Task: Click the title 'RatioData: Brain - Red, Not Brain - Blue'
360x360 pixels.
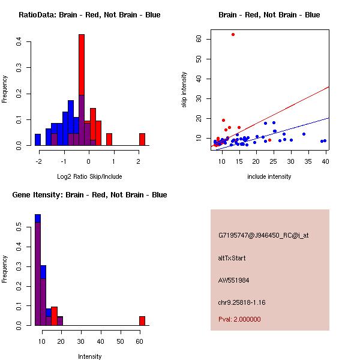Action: [x=89, y=15]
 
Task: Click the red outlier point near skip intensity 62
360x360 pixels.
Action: [x=233, y=35]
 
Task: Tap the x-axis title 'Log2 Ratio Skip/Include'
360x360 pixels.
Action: [x=89, y=176]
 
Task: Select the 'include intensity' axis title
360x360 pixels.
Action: [x=269, y=176]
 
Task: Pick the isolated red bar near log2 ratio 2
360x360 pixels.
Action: [x=142, y=139]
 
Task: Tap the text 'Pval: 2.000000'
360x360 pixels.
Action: [x=239, y=319]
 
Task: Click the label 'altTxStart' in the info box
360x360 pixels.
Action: [x=232, y=258]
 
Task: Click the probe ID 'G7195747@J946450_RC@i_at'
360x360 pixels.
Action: [x=263, y=236]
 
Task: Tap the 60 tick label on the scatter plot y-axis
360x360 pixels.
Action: [x=199, y=39]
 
